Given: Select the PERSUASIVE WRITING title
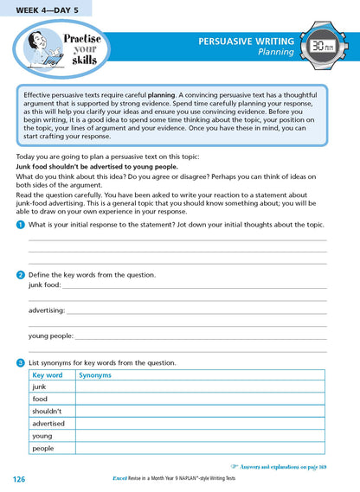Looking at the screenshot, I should pyautogui.click(x=246, y=41).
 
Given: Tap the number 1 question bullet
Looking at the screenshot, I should pyautogui.click(x=20, y=224).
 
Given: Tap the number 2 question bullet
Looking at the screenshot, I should pyautogui.click(x=20, y=274).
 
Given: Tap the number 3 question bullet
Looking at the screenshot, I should pyautogui.click(x=20, y=363).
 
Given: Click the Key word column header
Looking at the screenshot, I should pyautogui.click(x=48, y=375).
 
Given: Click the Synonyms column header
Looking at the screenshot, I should pyautogui.click(x=96, y=375).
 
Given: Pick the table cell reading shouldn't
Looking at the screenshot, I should pyautogui.click(x=49, y=412).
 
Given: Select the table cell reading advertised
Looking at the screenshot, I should pyautogui.click(x=49, y=424).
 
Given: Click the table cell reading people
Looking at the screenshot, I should pyautogui.click(x=43, y=449).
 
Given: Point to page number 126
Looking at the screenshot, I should pyautogui.click(x=20, y=479).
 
